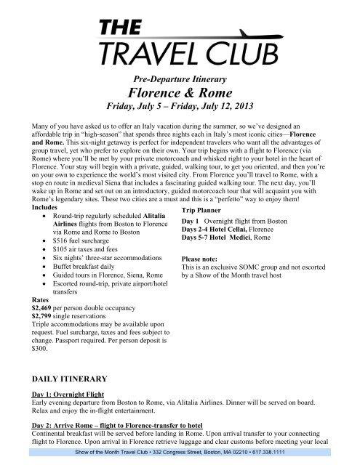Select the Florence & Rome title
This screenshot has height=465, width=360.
pyautogui.click(x=180, y=93)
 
